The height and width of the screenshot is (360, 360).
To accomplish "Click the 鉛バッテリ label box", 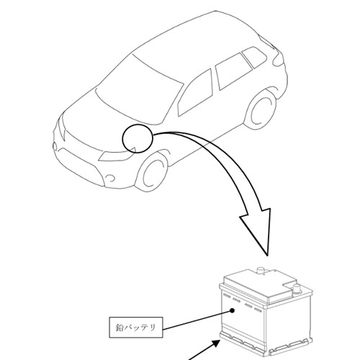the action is coord(136,328).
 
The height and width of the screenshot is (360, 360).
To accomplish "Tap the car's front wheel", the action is coord(152,171).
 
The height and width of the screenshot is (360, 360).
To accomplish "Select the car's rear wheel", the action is coord(261,109).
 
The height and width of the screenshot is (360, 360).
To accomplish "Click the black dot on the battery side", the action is coord(232,310).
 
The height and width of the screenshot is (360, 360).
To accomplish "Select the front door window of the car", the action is coord(196,92).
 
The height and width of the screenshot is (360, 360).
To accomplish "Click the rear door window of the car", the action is coord(233,71).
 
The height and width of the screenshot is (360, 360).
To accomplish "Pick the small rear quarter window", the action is coord(254,57).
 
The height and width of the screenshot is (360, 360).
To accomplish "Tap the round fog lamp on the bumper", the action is coord(111,178).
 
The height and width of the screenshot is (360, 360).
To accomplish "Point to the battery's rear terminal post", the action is coord(261,271).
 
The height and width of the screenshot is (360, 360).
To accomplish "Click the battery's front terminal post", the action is coord(297,289).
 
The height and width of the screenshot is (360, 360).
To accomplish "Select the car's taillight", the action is coord(279,59).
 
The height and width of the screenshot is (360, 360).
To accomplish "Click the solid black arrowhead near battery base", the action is coord(215,343).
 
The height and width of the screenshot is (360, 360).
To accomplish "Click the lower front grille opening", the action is coord(79,166).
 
